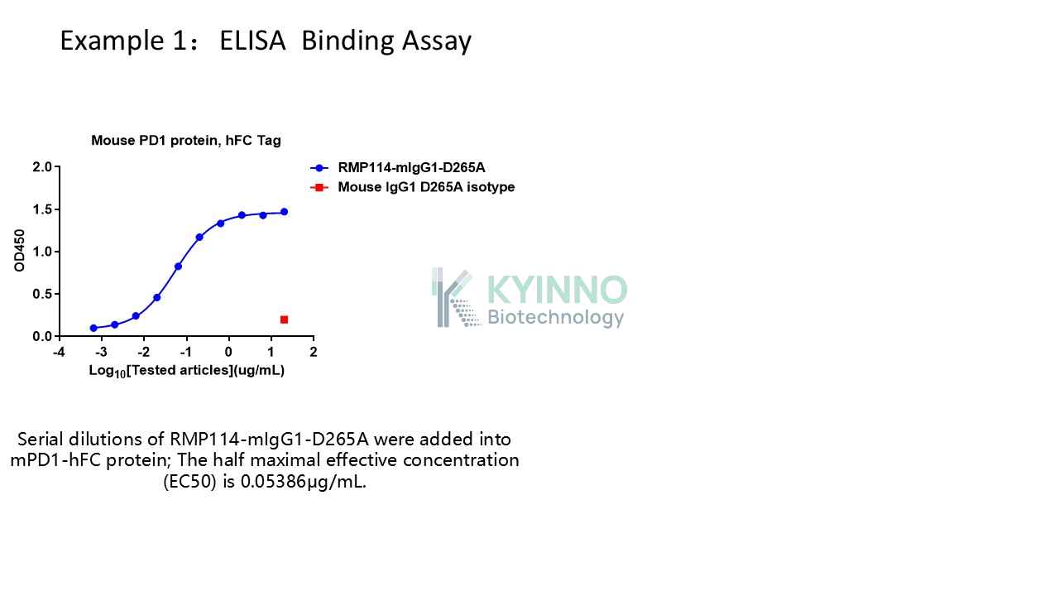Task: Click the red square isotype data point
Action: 284,320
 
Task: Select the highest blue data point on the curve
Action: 284,212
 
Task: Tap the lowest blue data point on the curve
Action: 93,328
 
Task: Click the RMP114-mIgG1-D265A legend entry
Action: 398,167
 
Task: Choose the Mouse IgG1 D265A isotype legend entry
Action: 413,187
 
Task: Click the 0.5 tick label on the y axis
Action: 42,294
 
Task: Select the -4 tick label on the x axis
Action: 59,352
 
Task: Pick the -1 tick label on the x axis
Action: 186,352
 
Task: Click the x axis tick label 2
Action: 314,352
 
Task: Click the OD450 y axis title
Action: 19,251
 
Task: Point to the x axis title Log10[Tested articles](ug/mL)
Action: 187,371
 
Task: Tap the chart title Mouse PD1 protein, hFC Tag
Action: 186,141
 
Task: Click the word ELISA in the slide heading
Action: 252,41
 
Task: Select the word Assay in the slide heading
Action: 437,41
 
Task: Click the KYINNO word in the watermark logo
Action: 557,290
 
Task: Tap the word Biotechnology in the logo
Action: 555,317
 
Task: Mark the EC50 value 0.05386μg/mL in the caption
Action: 303,482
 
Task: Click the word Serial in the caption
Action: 41,440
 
